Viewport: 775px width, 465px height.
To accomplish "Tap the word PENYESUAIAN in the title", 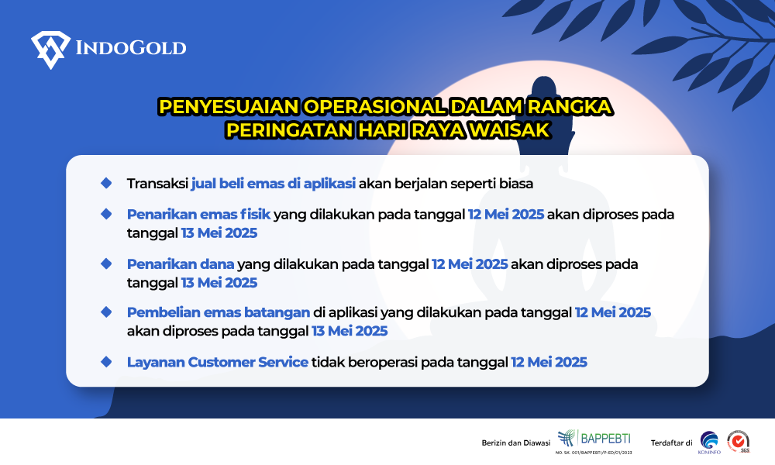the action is click(x=229, y=107).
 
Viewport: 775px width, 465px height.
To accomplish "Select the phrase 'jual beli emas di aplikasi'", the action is click(x=274, y=184).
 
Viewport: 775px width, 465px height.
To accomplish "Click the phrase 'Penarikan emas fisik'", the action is click(x=198, y=214).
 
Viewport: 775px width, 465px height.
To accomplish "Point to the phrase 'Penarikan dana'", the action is click(x=181, y=263).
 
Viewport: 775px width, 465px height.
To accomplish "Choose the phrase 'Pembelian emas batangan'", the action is click(x=219, y=312).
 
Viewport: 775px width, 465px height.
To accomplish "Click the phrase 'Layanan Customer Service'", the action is click(x=218, y=362).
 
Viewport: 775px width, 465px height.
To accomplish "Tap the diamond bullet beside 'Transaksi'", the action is click(x=106, y=183).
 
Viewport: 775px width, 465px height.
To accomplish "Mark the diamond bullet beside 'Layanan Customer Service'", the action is click(x=106, y=362).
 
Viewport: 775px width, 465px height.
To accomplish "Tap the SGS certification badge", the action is click(x=739, y=441).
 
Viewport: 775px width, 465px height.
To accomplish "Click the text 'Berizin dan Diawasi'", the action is click(x=516, y=443).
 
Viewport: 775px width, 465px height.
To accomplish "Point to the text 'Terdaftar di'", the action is click(x=671, y=443).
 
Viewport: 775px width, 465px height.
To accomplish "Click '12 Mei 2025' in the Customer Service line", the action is click(x=549, y=362).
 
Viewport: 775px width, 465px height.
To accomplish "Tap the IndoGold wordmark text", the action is click(x=131, y=48).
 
